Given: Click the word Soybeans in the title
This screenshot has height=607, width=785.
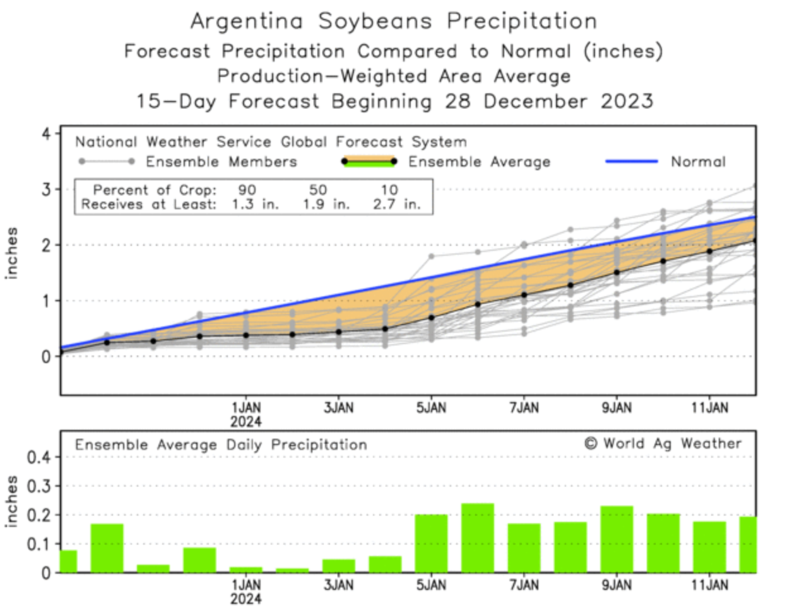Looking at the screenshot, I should (375, 21).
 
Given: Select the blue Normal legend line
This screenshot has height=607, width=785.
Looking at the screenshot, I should (631, 161).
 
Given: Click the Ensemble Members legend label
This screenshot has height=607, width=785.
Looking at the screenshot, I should (221, 162).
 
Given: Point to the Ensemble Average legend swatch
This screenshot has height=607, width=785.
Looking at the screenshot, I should (369, 161).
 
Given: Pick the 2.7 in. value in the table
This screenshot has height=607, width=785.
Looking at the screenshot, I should (396, 204).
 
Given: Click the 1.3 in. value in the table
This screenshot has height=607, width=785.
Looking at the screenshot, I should (254, 204).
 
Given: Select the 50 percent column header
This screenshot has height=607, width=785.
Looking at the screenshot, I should (317, 190).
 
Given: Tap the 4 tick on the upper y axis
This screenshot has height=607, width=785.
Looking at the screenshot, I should (46, 134).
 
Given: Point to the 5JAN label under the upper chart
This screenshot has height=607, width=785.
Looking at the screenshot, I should (431, 408).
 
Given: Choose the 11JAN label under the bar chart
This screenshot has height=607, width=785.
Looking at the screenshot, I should (709, 586).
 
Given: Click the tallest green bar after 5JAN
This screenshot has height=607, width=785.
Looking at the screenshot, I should (478, 538).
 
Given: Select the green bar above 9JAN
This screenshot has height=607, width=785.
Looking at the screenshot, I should (617, 539).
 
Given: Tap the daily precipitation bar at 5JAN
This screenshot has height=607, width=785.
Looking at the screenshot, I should (431, 543).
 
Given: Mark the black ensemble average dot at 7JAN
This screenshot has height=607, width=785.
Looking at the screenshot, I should (524, 295).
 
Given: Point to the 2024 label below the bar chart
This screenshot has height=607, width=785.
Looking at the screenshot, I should (245, 599).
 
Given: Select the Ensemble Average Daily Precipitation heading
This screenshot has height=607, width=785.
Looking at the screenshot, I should (221, 445).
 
